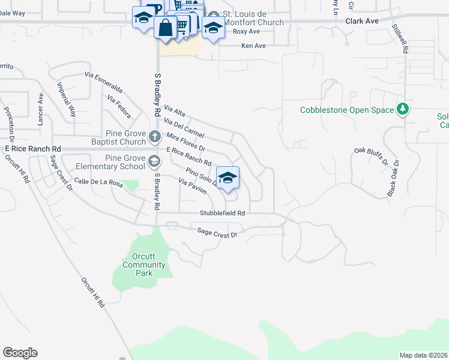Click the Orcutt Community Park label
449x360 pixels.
click(143, 265)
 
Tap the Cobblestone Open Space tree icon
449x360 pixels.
click(403, 110)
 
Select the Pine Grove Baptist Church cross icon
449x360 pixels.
click(154, 136)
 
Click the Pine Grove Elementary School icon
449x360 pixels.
click(154, 161)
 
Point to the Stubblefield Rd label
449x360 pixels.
click(223, 213)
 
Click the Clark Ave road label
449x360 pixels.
click(362, 20)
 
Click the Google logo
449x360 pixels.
click(20, 353)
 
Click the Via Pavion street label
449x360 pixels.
click(193, 186)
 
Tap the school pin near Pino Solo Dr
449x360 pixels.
click(228, 178)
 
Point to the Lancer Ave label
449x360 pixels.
click(41, 109)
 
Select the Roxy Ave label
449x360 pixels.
click(246, 31)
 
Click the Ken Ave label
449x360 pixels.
click(253, 46)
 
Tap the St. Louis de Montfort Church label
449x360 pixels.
click(252, 18)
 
